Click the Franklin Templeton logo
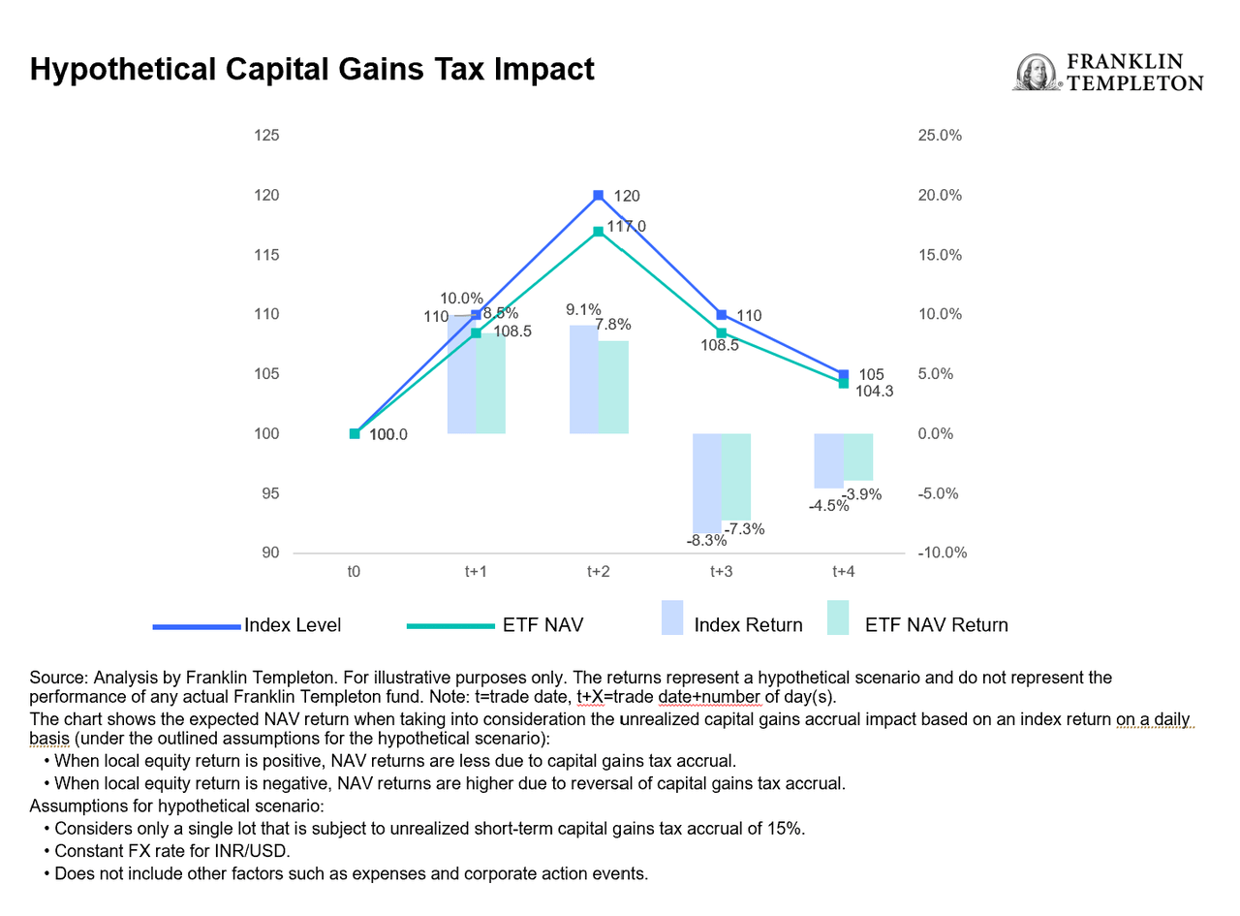pyautogui.click(x=1108, y=73)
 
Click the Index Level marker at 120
pyautogui.click(x=599, y=196)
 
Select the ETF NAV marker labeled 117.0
pyautogui.click(x=599, y=231)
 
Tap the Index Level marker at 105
pyautogui.click(x=844, y=374)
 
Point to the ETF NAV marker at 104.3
pyautogui.click(x=844, y=384)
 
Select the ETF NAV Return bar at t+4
pyautogui.click(x=858, y=458)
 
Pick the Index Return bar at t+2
pyautogui.click(x=584, y=379)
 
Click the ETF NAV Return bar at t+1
pyautogui.click(x=491, y=384)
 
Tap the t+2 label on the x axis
pyautogui.click(x=599, y=573)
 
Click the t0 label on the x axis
pyautogui.click(x=355, y=573)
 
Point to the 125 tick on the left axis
pyautogui.click(x=265, y=136)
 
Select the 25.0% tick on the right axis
pyautogui.click(x=939, y=136)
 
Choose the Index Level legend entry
pyautogui.click(x=247, y=625)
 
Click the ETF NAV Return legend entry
pyautogui.click(x=915, y=625)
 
